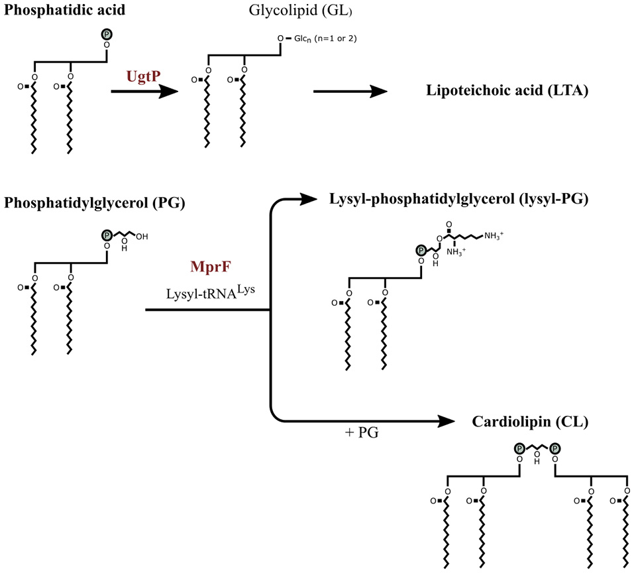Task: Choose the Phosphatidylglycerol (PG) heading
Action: pyautogui.click(x=93, y=203)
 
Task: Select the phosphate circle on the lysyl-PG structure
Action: pyautogui.click(x=421, y=250)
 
